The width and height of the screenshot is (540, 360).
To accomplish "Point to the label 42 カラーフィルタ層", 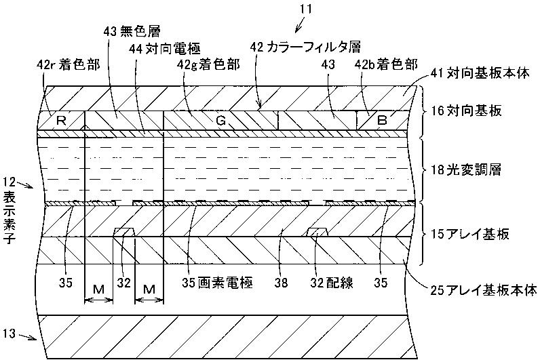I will coord(305,46).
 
